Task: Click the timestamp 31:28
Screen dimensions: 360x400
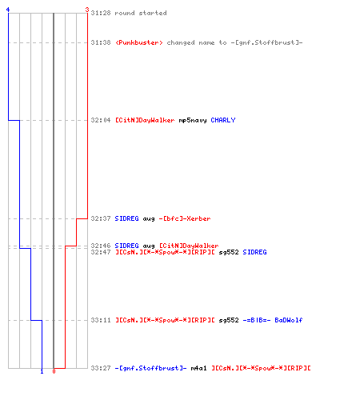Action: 101,13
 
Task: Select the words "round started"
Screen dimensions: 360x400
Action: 141,13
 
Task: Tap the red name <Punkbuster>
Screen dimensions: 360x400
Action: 139,42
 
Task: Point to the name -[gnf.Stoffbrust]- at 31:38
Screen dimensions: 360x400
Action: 266,42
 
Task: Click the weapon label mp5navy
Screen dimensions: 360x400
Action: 193,120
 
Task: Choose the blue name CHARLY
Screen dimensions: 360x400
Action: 223,120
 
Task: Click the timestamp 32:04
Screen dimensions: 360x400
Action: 101,120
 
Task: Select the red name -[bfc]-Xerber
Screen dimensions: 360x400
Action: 185,218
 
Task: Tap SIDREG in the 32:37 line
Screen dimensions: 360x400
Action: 126,218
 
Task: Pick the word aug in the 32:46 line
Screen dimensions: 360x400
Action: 149,246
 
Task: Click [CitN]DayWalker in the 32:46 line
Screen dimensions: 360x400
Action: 189,246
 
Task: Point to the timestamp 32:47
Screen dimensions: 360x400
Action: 101,252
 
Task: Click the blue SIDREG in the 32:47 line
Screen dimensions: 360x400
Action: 254,252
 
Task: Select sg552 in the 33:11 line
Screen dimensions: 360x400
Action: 229,320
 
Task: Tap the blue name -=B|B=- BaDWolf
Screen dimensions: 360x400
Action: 273,320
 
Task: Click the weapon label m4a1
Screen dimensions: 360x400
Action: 198,368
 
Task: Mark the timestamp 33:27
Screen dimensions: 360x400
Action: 101,368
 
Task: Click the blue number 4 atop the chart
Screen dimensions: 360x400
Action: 8,10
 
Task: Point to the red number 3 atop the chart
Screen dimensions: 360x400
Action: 87,10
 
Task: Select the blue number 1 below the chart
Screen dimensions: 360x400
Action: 42,371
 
